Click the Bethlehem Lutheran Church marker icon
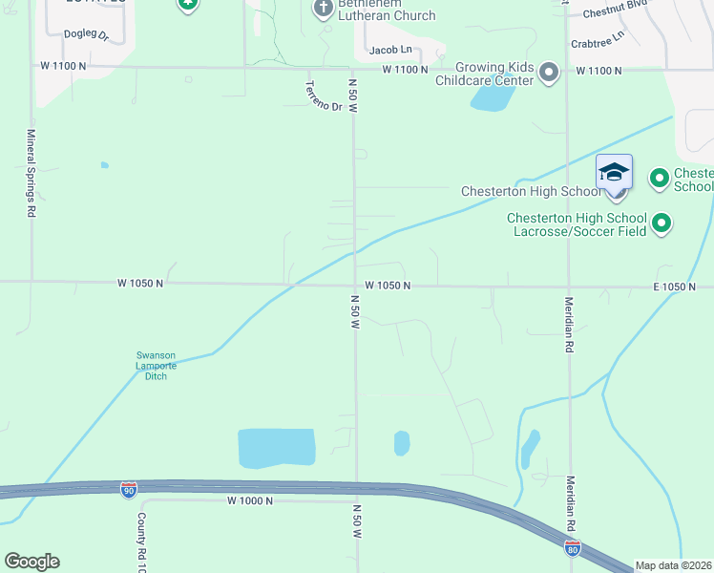[323, 9]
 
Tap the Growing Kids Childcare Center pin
[549, 73]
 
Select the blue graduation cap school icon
[614, 174]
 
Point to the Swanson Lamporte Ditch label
[156, 366]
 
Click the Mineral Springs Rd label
[31, 174]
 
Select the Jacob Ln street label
[390, 49]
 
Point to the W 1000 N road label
[250, 500]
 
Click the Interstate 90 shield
[129, 490]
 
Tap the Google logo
[31, 562]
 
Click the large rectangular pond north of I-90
[276, 448]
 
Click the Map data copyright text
[674, 565]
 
